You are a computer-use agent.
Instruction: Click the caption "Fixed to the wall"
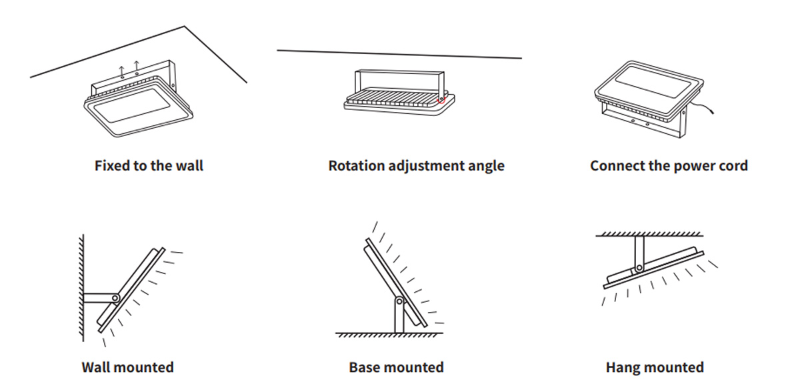pyautogui.click(x=149, y=166)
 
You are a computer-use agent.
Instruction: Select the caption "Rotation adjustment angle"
pyautogui.click(x=416, y=166)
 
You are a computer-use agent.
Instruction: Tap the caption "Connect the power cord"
pyautogui.click(x=669, y=166)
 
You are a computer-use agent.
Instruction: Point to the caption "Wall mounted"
pyautogui.click(x=127, y=367)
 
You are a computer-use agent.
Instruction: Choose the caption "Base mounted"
pyautogui.click(x=396, y=367)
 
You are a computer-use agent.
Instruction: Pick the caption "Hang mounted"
pyautogui.click(x=654, y=367)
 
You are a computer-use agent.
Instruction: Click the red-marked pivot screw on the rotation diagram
pyautogui.click(x=440, y=101)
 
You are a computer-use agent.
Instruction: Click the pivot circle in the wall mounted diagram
pyautogui.click(x=115, y=298)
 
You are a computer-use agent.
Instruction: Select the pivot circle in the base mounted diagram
pyautogui.click(x=399, y=301)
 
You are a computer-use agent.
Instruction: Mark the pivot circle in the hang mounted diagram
pyautogui.click(x=639, y=268)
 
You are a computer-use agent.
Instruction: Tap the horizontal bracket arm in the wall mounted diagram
pyautogui.click(x=99, y=298)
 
